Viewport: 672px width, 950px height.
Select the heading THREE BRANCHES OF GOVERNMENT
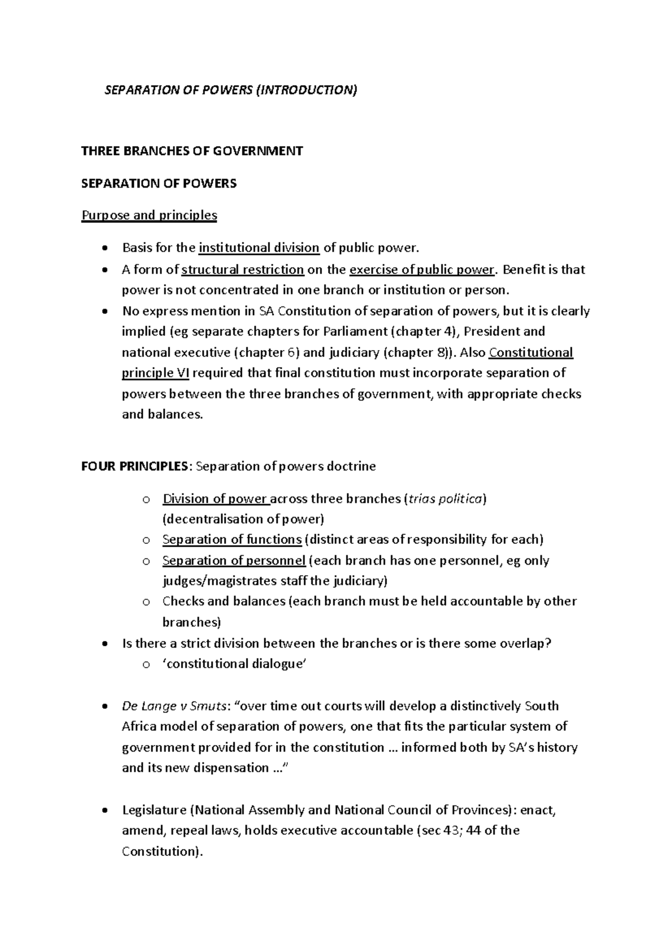pyautogui.click(x=192, y=151)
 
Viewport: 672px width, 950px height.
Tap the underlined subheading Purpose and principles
pyautogui.click(x=149, y=215)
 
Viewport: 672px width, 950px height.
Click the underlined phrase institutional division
pyautogui.click(x=259, y=248)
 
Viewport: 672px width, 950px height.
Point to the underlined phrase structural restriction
pyautogui.click(x=242, y=269)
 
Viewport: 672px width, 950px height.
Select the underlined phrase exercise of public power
pyautogui.click(x=422, y=269)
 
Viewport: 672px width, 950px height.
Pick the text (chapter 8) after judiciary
pyautogui.click(x=417, y=352)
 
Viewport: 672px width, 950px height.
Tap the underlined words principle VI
pyautogui.click(x=155, y=373)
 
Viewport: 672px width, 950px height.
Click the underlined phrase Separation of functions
pyautogui.click(x=232, y=539)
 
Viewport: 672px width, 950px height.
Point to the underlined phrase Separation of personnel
pyautogui.click(x=234, y=561)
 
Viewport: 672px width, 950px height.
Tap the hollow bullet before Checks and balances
pyautogui.click(x=146, y=602)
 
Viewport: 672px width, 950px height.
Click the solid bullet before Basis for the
pyautogui.click(x=105, y=249)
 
